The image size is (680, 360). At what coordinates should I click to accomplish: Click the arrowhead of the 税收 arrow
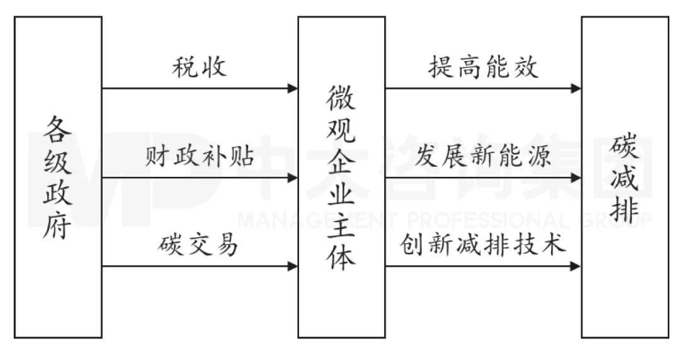[x=293, y=89]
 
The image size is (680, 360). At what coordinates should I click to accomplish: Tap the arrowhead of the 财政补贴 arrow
[x=293, y=178]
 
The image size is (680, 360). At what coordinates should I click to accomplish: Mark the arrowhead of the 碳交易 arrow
[x=293, y=267]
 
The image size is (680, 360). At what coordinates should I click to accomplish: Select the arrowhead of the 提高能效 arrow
[x=576, y=89]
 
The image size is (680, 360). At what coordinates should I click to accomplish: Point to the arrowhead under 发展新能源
[x=576, y=178]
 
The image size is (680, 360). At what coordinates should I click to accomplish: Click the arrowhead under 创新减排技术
[x=576, y=267]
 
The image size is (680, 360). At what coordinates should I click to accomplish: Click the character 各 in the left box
[x=58, y=129]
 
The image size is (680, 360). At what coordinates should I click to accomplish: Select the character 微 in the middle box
[x=341, y=98]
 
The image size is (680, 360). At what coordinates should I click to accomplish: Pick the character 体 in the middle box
[x=341, y=257]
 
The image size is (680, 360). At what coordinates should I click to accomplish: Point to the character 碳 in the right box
[x=625, y=147]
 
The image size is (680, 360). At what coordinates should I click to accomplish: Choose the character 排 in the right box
[x=625, y=211]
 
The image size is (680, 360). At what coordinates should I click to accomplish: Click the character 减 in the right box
[x=625, y=179]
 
